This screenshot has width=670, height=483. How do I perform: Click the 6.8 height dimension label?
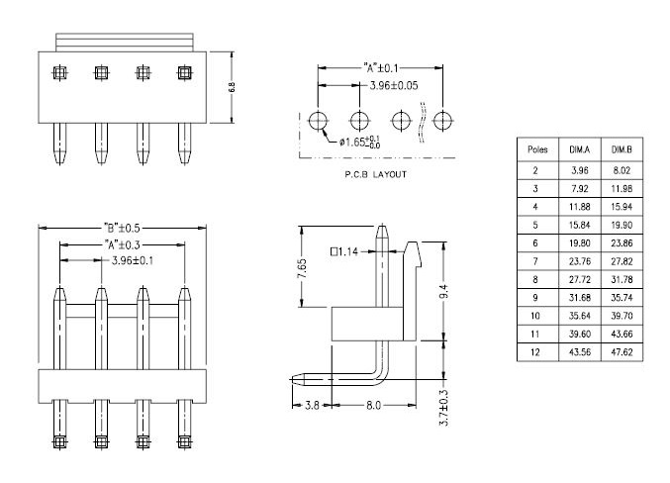point(232,87)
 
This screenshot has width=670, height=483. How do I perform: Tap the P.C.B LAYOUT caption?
point(376,174)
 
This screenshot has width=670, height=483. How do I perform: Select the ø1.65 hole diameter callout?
point(359,142)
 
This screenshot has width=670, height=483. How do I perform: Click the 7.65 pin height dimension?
point(302,268)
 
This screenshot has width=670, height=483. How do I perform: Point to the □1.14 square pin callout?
point(344,251)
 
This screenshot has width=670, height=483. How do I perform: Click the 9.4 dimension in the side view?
point(444,292)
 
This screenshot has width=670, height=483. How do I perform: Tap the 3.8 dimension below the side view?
point(312,405)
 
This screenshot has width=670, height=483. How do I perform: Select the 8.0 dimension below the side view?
point(373,405)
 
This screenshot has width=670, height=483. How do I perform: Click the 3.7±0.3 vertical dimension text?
point(444,408)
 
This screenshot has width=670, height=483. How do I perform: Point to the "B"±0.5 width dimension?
point(122,228)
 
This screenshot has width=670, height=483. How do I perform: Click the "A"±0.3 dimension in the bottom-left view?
point(122,244)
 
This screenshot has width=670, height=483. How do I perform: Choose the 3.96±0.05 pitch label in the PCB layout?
point(394,85)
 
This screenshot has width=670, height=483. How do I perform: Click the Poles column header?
point(537,149)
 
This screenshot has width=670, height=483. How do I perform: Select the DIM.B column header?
point(622,149)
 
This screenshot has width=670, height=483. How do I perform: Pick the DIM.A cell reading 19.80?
point(579,243)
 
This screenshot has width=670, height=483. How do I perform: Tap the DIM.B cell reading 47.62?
point(622,352)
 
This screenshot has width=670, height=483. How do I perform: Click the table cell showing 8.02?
point(622,170)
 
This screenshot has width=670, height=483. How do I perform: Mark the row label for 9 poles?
point(535,298)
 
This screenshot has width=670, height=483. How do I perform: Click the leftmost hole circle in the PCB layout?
point(318,121)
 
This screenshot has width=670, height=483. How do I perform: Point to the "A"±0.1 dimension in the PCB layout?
point(381,68)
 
